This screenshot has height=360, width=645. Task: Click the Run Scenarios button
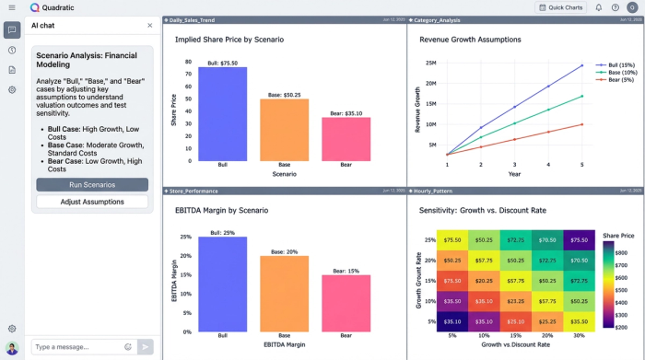[92, 185]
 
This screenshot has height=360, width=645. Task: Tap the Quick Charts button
[560, 7]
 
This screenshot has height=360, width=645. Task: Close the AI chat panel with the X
[150, 26]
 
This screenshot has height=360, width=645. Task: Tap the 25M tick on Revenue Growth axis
[430, 63]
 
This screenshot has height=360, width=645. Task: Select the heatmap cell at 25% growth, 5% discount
[451, 239]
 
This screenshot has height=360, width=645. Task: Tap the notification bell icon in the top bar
[599, 7]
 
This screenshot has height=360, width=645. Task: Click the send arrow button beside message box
[146, 347]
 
